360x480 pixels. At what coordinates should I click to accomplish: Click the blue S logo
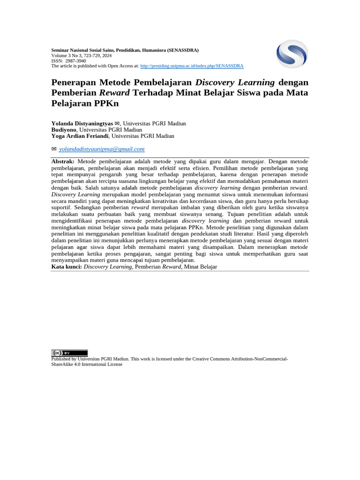click(x=292, y=54)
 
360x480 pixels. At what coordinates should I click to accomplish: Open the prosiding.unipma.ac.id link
click(x=192, y=66)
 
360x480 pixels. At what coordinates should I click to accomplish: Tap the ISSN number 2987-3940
click(x=75, y=61)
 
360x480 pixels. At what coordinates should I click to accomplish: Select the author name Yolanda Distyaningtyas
click(x=82, y=123)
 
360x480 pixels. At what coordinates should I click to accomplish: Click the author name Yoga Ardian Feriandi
click(x=80, y=136)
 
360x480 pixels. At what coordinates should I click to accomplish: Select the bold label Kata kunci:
click(x=67, y=267)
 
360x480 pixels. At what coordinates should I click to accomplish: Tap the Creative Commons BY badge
click(x=69, y=353)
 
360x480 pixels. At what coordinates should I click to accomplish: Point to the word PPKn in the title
click(x=106, y=103)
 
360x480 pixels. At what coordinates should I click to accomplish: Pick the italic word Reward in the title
click(x=114, y=93)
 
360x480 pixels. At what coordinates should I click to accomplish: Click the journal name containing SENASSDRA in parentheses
click(x=125, y=50)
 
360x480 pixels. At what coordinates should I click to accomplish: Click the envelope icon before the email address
click(x=54, y=149)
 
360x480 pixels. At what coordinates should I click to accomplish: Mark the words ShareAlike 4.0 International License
click(x=87, y=364)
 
